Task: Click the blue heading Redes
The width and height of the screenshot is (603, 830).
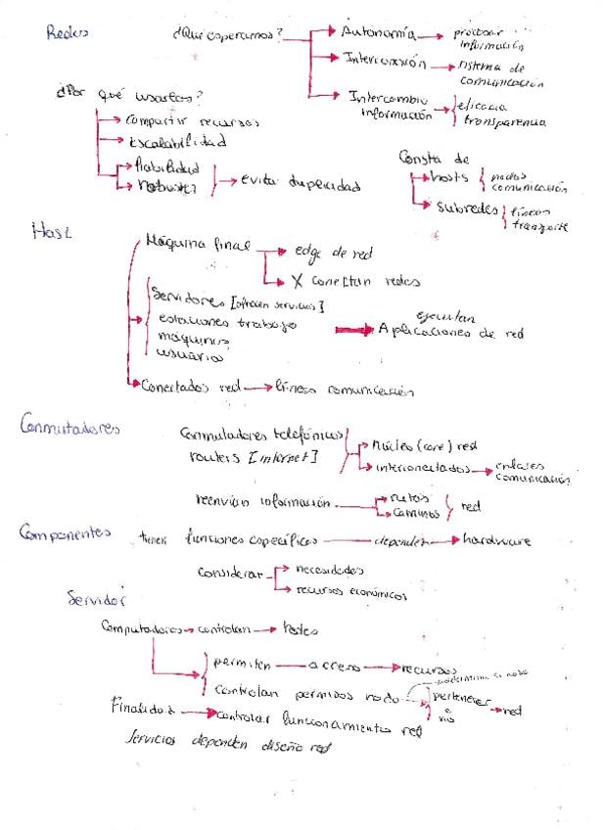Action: [68, 31]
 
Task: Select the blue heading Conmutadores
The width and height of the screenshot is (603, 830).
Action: [70, 426]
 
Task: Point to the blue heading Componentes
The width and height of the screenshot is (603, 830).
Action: [65, 533]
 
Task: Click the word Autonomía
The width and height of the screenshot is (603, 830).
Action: [376, 33]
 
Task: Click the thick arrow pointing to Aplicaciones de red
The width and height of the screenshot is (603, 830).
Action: [353, 331]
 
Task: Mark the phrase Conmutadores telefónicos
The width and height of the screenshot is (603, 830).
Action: [261, 434]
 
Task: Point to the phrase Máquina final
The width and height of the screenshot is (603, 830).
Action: [196, 240]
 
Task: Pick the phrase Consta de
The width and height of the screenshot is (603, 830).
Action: [435, 158]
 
